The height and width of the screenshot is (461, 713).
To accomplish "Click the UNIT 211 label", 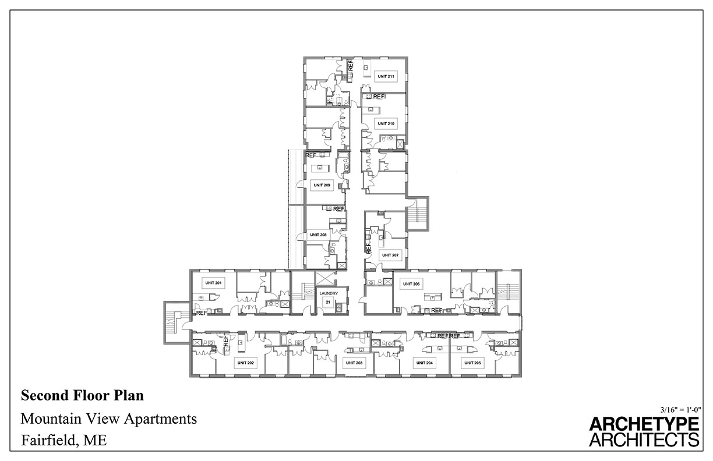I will pos(386,76).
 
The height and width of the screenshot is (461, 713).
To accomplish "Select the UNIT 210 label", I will pos(386,123).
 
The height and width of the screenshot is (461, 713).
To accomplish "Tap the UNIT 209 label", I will pos(322,185).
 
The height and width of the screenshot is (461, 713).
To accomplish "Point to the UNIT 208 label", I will pos(319,235).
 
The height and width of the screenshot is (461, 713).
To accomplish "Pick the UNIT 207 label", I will pos(390,255).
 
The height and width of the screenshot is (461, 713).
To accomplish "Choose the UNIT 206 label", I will pos(412,283).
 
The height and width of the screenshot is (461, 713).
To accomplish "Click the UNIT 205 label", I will pos(472,363).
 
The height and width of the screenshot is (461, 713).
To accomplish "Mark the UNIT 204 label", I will pos(424,363).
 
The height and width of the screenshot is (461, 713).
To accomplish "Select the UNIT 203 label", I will pos(354,363).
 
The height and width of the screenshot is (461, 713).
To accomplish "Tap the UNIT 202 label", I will pos(245,363).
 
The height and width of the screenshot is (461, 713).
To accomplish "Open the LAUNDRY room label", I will pos(328,293).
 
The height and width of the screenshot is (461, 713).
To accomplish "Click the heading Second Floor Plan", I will pos(82,396).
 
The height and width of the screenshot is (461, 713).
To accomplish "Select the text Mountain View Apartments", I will pos(109,419).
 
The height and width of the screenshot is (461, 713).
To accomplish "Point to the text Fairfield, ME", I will pos(64,440).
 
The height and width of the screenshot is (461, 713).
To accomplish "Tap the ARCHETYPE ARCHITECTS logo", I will pos(644,431).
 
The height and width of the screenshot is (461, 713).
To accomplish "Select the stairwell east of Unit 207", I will pos(418,214).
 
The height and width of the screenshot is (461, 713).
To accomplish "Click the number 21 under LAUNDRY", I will pos(328,302).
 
